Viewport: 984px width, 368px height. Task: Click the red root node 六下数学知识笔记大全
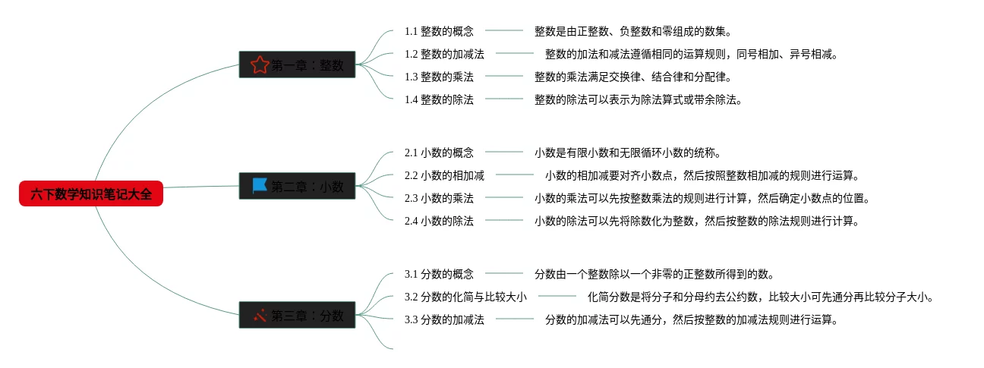(91, 194)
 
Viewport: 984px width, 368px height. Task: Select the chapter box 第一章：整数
(298, 65)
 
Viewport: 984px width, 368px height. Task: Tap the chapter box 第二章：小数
(298, 186)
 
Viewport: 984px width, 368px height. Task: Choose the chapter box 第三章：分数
(298, 315)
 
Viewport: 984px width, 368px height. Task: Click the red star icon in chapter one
(260, 65)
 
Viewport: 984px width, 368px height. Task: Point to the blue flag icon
(260, 186)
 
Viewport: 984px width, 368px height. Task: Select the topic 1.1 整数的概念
(439, 31)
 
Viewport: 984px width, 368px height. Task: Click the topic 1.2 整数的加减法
(444, 54)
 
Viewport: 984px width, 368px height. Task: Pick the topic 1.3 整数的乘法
(439, 77)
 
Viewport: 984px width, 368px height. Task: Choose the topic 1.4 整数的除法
(439, 99)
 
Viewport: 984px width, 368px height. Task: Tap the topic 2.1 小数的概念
(439, 153)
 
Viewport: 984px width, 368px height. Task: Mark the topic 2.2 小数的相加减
(444, 175)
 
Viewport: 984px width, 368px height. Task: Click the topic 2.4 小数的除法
(439, 221)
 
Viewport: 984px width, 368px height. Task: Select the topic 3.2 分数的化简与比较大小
(465, 297)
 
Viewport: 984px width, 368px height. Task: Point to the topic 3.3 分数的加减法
(444, 319)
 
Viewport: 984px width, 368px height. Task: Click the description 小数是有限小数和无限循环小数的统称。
(627, 153)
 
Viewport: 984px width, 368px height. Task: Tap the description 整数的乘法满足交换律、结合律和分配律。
(632, 77)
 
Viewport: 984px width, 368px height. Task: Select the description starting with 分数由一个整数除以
(654, 274)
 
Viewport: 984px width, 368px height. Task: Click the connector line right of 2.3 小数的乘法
(503, 198)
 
